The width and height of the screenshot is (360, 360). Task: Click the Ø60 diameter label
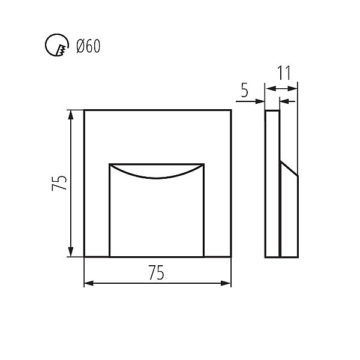click(88, 46)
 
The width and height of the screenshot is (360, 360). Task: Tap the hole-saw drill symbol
click(57, 45)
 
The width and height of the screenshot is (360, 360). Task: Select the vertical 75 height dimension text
click(59, 183)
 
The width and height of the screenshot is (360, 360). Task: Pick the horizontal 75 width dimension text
click(157, 272)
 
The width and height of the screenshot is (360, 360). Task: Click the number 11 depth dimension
click(284, 73)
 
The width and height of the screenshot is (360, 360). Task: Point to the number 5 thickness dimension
click(245, 90)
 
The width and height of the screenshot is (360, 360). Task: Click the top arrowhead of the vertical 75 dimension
click(71, 115)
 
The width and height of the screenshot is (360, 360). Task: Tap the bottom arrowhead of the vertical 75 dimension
click(71, 251)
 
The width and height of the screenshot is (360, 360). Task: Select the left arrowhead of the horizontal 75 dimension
click(89, 283)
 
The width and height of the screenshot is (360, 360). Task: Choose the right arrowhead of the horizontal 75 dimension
click(226, 283)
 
